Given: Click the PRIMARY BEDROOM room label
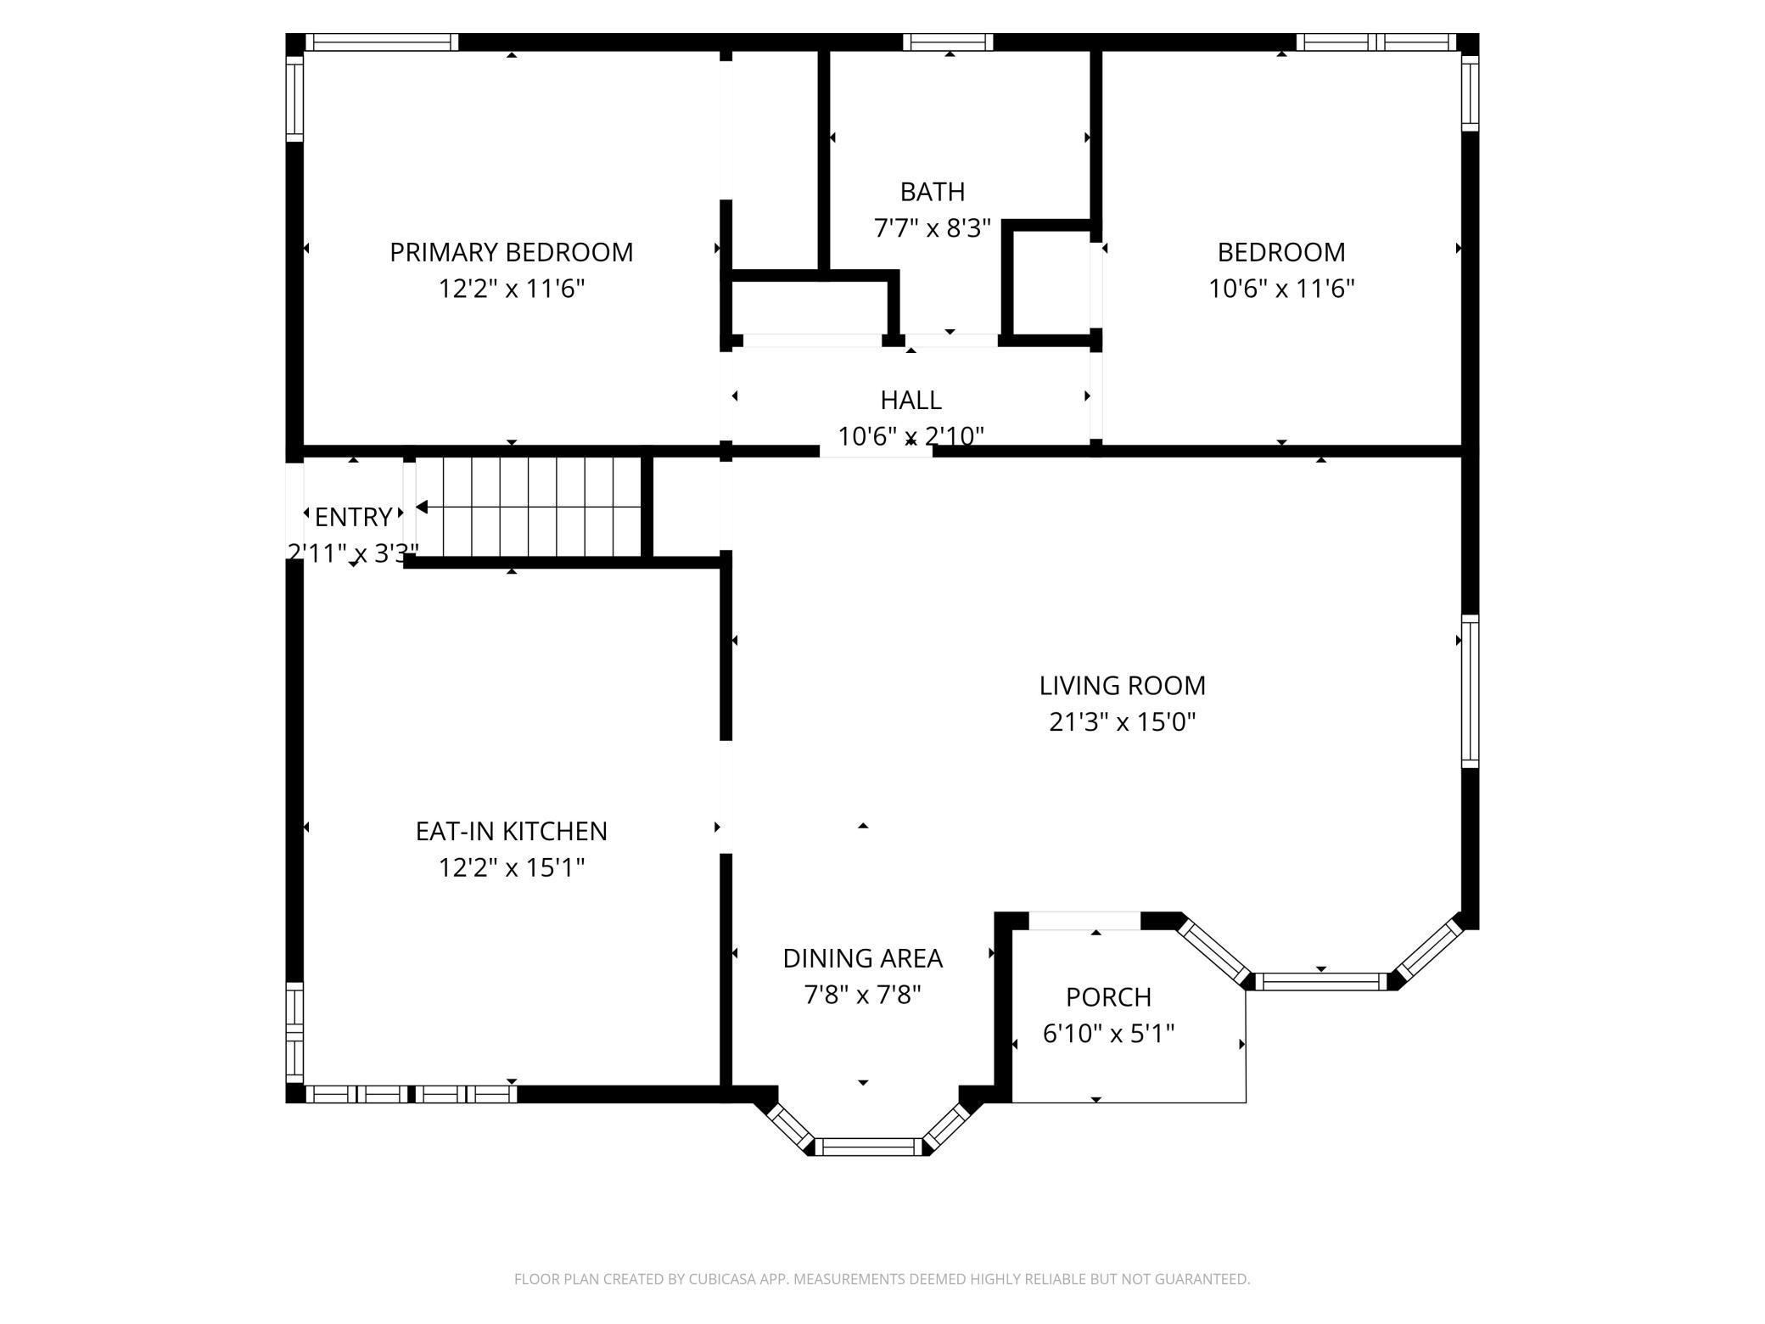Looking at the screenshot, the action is point(511,252).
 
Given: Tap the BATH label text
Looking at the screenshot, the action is point(933,192).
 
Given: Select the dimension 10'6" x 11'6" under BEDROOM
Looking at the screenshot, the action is point(1281,289).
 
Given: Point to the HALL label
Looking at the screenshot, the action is point(911,400).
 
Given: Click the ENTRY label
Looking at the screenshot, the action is point(353,517).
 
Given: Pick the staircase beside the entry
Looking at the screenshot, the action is point(528,508).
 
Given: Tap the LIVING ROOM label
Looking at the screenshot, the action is point(1122,685).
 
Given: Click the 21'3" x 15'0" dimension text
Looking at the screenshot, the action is point(1122,721).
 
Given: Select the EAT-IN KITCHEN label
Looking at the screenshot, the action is point(511,831).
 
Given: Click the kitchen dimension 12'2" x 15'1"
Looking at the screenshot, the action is point(511,867).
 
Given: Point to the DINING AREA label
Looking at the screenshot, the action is point(862,958).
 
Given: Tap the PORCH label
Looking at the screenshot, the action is point(1108,996).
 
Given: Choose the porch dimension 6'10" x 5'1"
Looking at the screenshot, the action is point(1108,1033).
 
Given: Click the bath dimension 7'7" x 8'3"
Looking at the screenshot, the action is point(933,228).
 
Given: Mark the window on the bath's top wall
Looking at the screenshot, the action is point(948,42).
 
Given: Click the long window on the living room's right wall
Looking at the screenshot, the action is point(1470,692).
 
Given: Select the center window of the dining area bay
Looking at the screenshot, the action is point(871,1147).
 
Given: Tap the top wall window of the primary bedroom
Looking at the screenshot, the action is point(382,42).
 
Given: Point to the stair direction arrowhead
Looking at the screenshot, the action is point(421,508).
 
